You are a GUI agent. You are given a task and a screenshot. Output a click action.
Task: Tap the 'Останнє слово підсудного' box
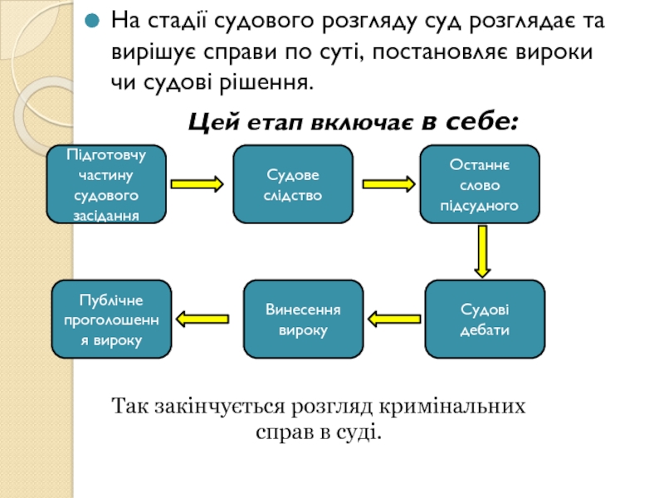coord(480,184)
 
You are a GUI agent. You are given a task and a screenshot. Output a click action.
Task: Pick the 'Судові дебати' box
coord(485,319)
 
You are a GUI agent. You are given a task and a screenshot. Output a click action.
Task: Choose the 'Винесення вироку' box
coord(303,319)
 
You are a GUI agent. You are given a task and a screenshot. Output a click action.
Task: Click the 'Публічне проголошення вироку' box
coord(112,319)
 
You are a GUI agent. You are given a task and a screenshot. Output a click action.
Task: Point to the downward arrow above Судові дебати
coord(482,251)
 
